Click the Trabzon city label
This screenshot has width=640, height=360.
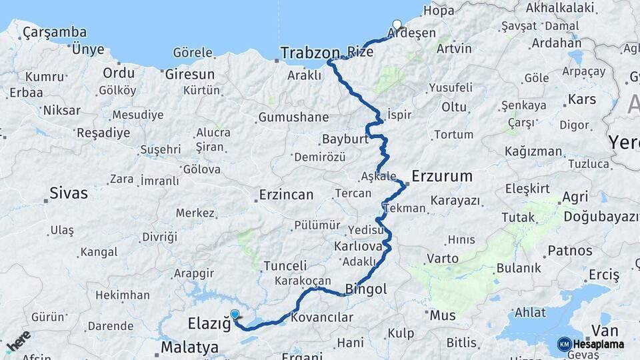311,53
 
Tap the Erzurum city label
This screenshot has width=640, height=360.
442,177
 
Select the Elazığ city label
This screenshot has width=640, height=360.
209,325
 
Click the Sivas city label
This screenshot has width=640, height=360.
68,194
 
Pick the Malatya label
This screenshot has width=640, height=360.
189,347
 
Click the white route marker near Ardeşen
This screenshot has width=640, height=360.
397,25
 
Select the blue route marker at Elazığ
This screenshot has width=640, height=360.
235,315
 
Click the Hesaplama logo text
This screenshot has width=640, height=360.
599,344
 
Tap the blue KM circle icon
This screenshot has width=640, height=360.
565,344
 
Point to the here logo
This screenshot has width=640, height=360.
18,341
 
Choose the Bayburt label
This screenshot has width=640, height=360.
345,140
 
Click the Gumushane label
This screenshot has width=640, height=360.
293,117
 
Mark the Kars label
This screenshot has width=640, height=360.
581,100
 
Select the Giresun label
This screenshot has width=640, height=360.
189,74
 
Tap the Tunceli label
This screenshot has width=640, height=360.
285,265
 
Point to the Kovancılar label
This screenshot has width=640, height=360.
322,317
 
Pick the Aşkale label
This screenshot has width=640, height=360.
378,177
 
